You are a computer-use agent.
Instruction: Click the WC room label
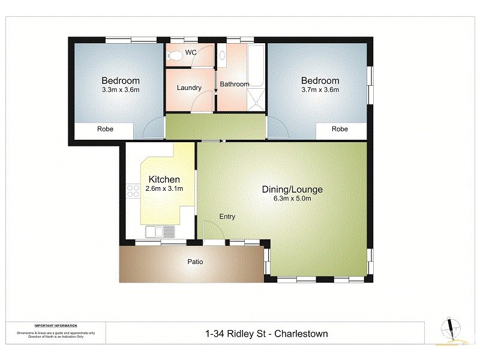tap(191, 53)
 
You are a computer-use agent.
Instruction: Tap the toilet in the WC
tap(175, 56)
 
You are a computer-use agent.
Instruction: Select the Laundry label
tap(189, 88)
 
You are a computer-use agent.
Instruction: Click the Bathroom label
tap(234, 84)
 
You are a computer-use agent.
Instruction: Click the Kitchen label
tap(164, 179)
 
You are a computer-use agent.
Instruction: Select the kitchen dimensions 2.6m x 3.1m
tap(164, 189)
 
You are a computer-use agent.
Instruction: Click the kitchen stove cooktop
tap(132, 191)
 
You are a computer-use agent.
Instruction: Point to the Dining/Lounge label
tap(292, 190)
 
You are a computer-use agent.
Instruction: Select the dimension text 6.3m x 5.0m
tap(292, 199)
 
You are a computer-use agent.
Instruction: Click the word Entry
tap(227, 217)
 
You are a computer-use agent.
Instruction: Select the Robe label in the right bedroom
tap(340, 129)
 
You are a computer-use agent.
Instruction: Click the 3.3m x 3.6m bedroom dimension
tap(120, 91)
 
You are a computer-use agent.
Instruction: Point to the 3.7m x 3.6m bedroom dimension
tap(320, 91)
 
